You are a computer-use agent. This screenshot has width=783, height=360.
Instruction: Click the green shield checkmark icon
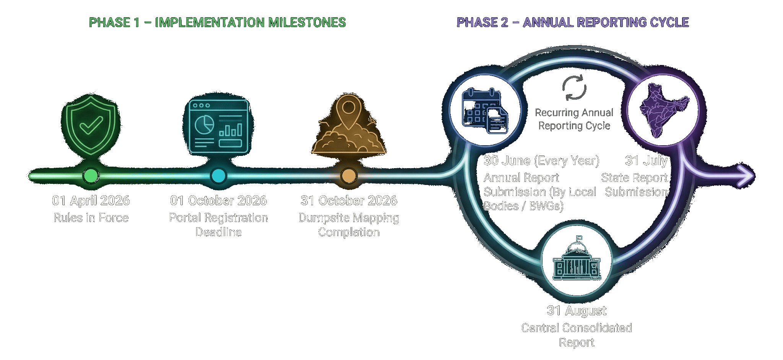click(x=91, y=126)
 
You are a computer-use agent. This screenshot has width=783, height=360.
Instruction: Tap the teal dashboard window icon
click(x=218, y=126)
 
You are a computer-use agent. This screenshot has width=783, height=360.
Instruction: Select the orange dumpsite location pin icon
click(x=348, y=124)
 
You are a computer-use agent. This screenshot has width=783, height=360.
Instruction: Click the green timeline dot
click(x=91, y=176)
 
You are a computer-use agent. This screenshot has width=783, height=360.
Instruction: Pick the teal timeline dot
click(x=218, y=176)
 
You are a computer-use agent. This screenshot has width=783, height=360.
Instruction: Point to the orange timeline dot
click(x=348, y=176)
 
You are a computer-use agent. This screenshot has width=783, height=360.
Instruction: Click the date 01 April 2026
click(x=91, y=201)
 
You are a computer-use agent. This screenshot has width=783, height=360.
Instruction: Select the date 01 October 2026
click(x=218, y=201)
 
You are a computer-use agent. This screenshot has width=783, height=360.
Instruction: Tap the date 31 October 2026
click(x=349, y=201)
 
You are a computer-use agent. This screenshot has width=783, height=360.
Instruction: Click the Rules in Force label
click(x=91, y=218)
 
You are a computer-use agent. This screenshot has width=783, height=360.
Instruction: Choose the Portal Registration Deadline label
click(x=218, y=225)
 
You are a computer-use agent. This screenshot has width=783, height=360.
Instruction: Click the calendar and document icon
click(x=485, y=110)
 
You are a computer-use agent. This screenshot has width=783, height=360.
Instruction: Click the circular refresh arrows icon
click(x=574, y=88)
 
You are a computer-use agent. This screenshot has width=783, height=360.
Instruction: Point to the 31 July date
click(x=647, y=161)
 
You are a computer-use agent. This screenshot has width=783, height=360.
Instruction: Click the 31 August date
click(x=577, y=311)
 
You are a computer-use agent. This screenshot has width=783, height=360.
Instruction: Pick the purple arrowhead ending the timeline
click(x=746, y=176)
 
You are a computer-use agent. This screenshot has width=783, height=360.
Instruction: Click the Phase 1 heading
click(x=217, y=23)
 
